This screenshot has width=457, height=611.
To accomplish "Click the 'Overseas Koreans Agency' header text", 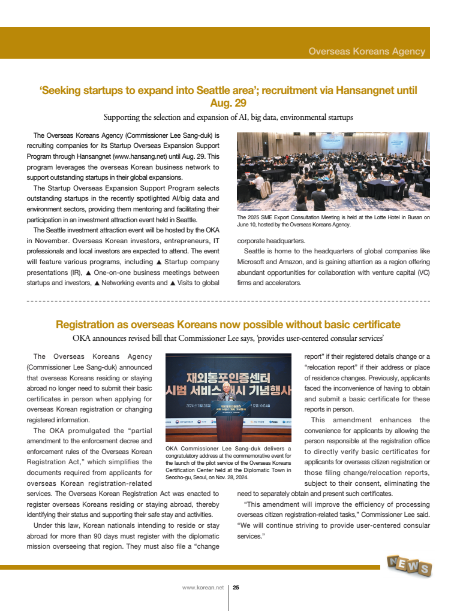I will click(x=366, y=52).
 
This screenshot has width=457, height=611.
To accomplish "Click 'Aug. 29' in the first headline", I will click(x=228, y=103).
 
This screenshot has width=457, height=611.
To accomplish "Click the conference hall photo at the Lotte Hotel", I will click(x=333, y=171).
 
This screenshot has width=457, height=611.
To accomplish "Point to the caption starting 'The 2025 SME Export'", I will click(x=333, y=221).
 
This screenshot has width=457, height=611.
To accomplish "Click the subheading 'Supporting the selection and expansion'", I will click(x=228, y=117).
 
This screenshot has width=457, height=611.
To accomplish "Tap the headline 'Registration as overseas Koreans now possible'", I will click(x=228, y=325).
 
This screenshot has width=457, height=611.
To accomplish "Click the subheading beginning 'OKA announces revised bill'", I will click(x=228, y=339).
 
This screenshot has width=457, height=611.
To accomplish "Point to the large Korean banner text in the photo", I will click(x=228, y=385).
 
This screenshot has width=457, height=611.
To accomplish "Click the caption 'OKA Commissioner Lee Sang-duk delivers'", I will click(x=228, y=448).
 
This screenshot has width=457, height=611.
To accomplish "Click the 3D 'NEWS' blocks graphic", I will click(x=408, y=565).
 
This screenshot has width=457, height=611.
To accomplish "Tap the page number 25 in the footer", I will click(x=236, y=588).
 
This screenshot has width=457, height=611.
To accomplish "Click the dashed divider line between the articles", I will click(x=228, y=300).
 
